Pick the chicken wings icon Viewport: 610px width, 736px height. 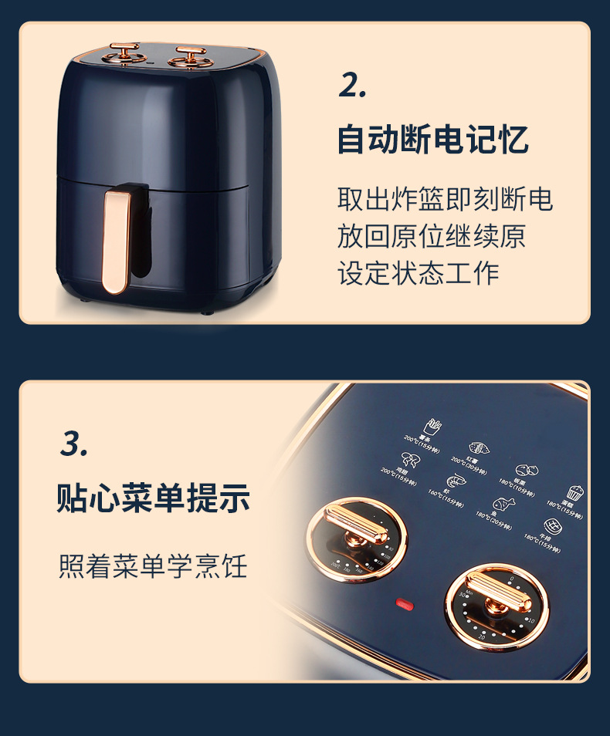(409, 461)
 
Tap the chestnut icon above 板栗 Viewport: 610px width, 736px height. (527, 470)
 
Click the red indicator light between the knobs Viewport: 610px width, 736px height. (404, 604)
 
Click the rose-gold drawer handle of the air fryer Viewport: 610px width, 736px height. (115, 241)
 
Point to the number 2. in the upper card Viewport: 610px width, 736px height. (352, 86)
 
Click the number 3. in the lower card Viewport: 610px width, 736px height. (74, 444)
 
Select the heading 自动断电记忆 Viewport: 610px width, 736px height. (432, 141)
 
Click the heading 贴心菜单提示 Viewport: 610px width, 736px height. (153, 499)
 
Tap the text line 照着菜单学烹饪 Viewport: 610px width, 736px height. (153, 566)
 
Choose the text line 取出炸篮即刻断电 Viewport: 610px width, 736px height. (445, 200)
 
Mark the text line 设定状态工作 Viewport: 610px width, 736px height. (418, 273)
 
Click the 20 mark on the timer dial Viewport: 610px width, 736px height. (481, 637)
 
